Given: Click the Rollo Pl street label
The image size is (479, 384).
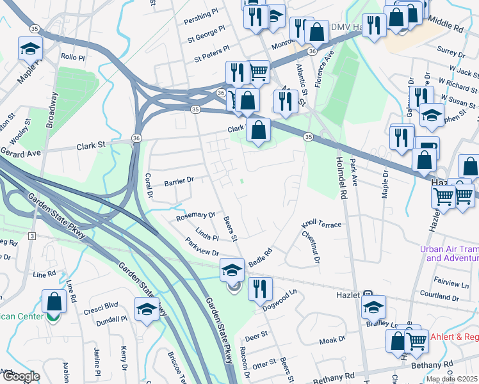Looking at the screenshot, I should (73, 57).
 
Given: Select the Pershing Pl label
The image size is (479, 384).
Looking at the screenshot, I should (197, 16).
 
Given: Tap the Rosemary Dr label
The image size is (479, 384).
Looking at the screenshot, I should (196, 217).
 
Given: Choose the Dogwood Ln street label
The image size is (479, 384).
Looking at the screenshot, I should (280, 301).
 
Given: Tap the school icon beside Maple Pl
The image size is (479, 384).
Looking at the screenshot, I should (30, 49).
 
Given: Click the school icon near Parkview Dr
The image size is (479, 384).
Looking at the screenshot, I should (232, 269).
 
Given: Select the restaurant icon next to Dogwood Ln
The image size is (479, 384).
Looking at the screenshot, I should (260, 289).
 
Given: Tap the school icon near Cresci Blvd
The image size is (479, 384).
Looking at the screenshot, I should (147, 309).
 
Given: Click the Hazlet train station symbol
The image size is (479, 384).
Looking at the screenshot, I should (368, 294).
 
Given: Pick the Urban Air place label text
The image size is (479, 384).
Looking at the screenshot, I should (449, 253).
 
